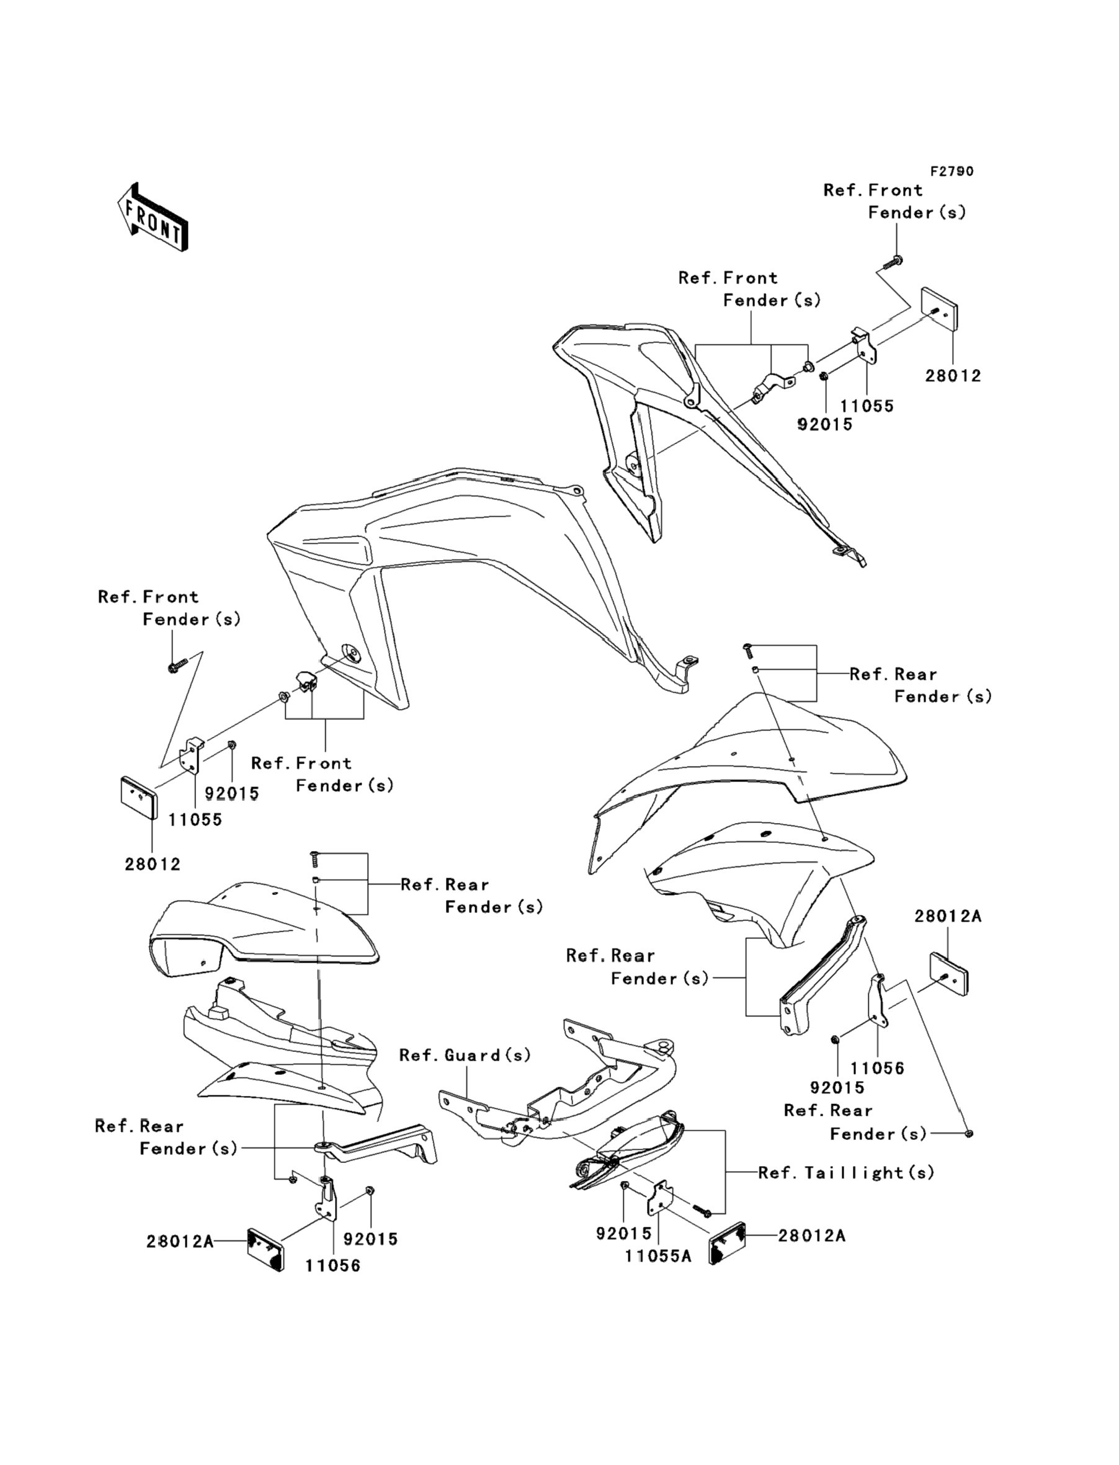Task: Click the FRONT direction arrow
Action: click(x=152, y=218)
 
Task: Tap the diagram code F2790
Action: click(x=951, y=171)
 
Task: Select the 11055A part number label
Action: click(x=658, y=1256)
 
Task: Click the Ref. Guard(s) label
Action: click(x=465, y=1055)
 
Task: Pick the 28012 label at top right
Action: click(x=953, y=376)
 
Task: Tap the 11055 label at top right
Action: click(x=867, y=406)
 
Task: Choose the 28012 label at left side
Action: click(x=153, y=864)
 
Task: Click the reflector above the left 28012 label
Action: click(x=138, y=797)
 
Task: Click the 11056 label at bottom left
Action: click(x=333, y=1265)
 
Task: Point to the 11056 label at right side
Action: click(x=877, y=1068)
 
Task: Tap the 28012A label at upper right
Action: click(x=947, y=915)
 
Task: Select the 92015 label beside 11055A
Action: click(x=623, y=1233)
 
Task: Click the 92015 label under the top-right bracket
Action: click(x=824, y=424)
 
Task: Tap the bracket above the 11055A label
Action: click(x=659, y=1199)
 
